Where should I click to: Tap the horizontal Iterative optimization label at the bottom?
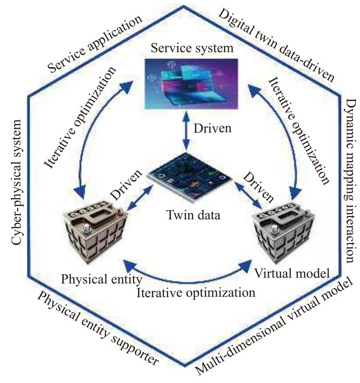click(x=197, y=293)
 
